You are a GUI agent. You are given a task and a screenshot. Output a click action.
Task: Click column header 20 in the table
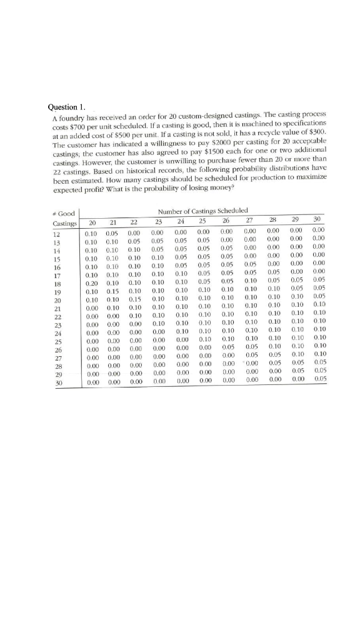[x=92, y=221]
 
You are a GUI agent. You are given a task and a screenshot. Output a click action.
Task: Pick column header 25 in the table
[x=202, y=221]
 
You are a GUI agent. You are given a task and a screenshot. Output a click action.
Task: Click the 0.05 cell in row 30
[x=321, y=379]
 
